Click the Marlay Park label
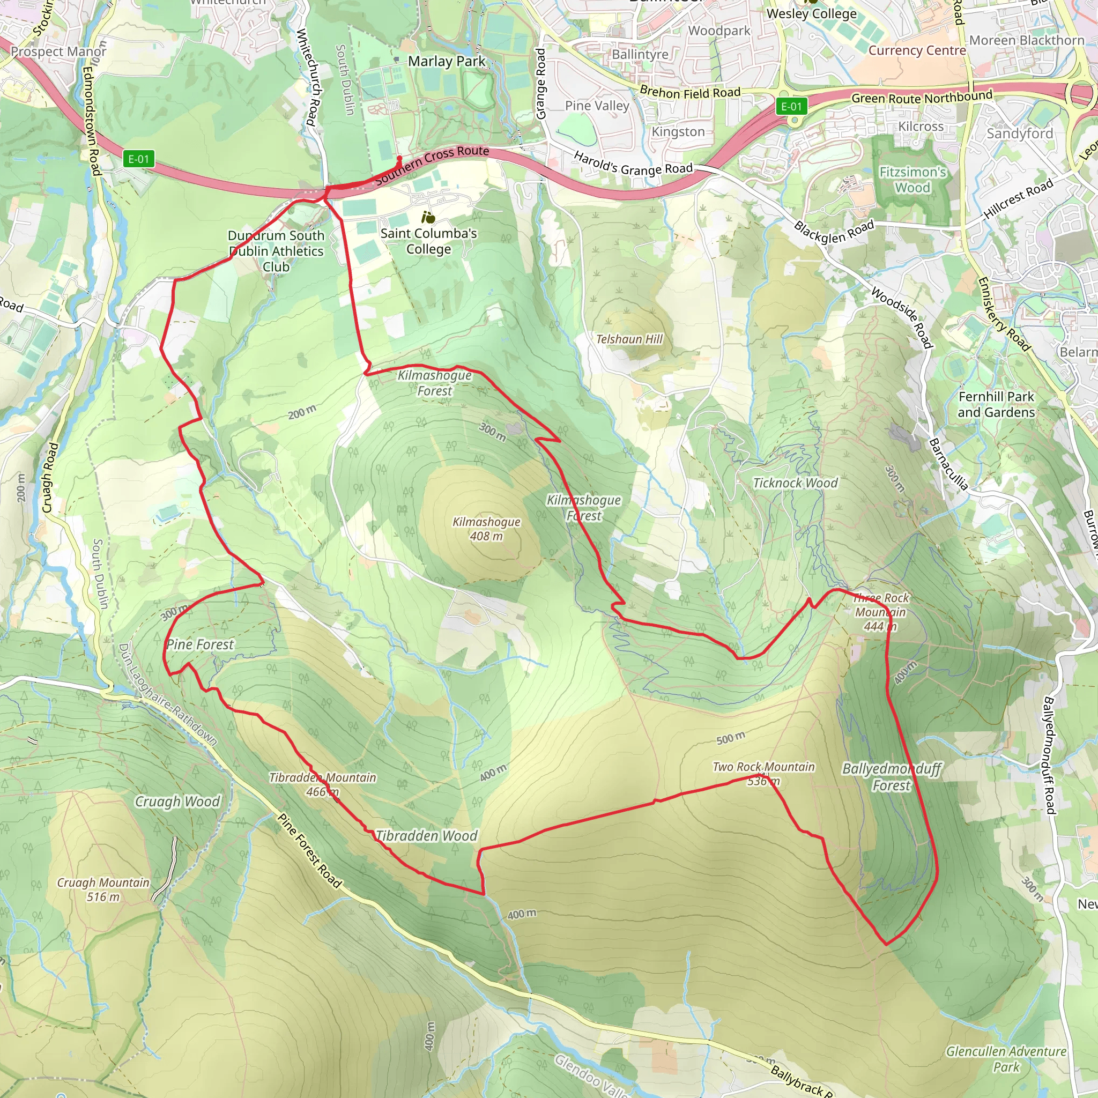pos(447,61)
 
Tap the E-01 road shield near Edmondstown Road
pos(139,159)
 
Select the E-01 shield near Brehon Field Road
pos(791,106)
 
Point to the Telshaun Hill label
pos(629,339)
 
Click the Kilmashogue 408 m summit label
pos(486,529)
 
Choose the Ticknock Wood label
pos(795,483)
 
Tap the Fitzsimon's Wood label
pos(912,180)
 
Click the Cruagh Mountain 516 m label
pos(103,889)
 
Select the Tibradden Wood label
pos(426,835)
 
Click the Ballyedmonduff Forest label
pos(891,777)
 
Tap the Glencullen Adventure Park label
pos(1006,1059)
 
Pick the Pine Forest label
pos(200,644)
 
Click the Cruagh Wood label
pos(177,802)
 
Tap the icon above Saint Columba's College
pos(428,217)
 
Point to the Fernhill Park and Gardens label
pos(996,404)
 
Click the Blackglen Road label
pos(834,232)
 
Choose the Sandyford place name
pos(1020,133)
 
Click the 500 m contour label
pos(730,739)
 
